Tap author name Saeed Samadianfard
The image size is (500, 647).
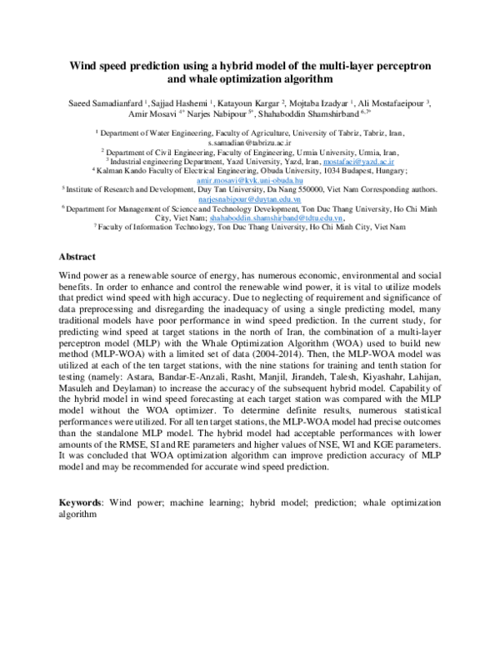(x=110, y=104)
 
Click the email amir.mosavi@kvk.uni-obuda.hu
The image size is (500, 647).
(x=249, y=179)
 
